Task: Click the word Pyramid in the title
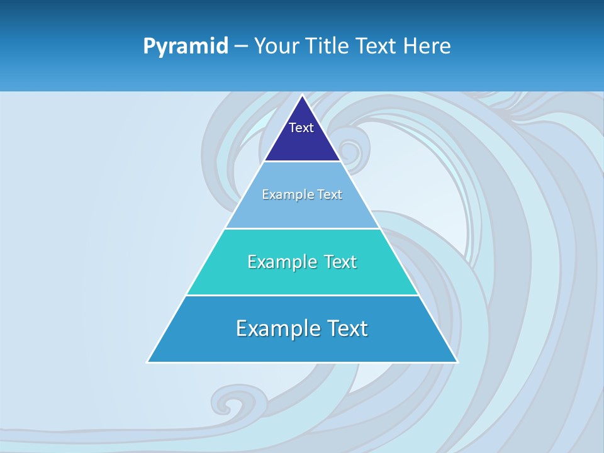pos(186,47)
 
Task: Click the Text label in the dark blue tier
pos(301,128)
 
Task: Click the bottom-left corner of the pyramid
pos(148,362)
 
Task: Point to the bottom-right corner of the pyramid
pos(457,362)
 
